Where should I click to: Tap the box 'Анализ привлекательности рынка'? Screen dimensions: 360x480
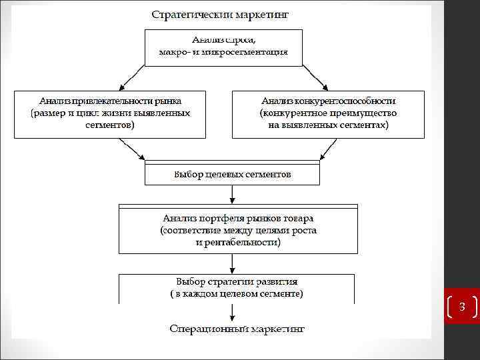109,113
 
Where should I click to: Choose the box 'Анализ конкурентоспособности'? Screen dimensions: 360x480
328,113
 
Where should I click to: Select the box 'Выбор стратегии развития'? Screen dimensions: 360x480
237,287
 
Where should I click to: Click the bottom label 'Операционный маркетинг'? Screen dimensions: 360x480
237,329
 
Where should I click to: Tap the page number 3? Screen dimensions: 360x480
461,306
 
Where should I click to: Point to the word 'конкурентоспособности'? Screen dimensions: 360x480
347,101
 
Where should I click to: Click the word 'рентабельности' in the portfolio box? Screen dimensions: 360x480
244,243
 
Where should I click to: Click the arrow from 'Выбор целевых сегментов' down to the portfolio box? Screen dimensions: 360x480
232,194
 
